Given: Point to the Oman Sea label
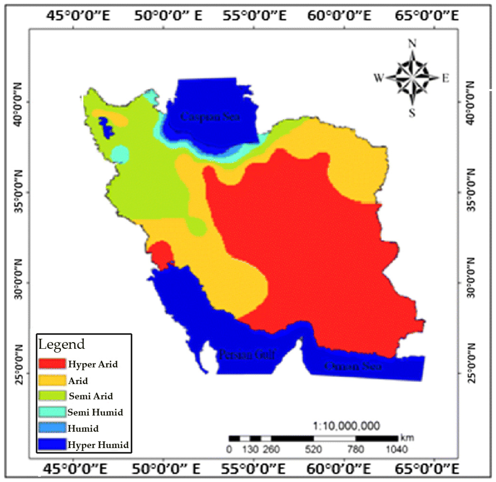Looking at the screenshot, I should tap(353, 366).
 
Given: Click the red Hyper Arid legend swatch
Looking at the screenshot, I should tap(52, 364).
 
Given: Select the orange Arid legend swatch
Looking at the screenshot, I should tap(52, 380).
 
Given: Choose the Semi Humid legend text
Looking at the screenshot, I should tap(95, 412).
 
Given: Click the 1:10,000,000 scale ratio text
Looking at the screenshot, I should tap(347, 426).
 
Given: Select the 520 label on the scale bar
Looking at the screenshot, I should tap(313, 450).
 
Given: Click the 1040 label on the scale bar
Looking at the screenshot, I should tap(397, 450).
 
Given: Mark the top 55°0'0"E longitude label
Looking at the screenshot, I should tap(254, 16).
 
